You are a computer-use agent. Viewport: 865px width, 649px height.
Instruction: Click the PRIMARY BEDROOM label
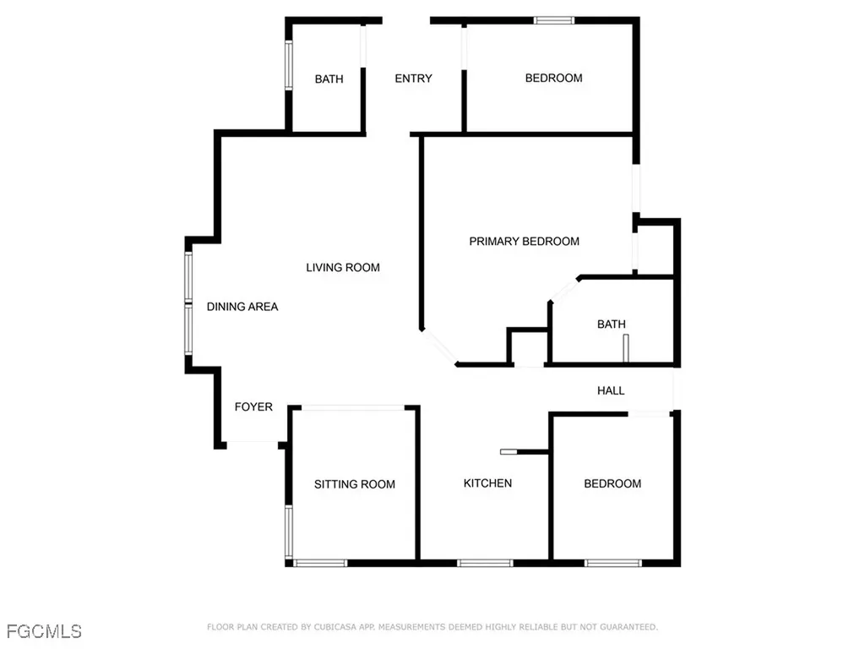point(524,242)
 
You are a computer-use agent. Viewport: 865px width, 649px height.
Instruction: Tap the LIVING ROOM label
point(343,268)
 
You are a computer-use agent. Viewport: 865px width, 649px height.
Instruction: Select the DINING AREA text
point(242,307)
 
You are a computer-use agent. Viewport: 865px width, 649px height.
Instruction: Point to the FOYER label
point(253,407)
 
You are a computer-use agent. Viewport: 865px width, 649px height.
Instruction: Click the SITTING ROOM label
point(355,484)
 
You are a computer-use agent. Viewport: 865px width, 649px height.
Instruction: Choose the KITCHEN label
point(487,483)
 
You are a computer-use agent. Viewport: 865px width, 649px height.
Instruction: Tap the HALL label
point(611,390)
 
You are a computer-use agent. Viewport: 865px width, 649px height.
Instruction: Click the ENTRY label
point(414,79)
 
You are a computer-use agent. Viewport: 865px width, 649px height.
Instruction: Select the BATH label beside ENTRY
point(329,79)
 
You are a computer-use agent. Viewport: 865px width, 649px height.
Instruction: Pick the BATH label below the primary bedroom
point(611,324)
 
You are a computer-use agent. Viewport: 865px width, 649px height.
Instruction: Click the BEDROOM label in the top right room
point(553,79)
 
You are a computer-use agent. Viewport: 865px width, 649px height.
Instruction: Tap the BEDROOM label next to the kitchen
point(612,483)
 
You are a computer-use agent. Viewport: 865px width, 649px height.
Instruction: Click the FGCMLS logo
point(44,630)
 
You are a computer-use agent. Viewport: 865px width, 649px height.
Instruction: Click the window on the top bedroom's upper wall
point(554,20)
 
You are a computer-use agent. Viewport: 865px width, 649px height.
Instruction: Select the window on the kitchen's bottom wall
point(484,563)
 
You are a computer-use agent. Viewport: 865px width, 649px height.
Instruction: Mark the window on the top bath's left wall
point(288,66)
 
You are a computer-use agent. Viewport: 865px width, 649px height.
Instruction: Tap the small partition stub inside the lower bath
point(626,348)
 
